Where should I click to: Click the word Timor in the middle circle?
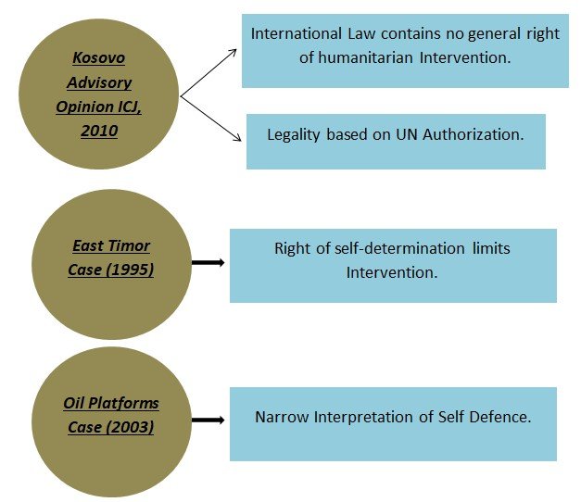130,246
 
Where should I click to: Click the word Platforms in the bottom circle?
125,404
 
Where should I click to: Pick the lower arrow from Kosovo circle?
210,119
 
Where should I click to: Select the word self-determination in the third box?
397,249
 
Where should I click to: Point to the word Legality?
294,134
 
